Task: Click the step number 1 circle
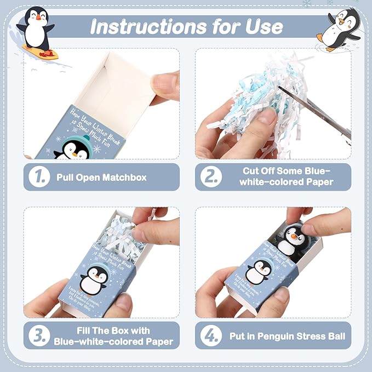pyautogui.click(x=40, y=177)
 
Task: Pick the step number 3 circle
pyautogui.click(x=40, y=336)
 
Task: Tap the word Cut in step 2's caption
pyautogui.click(x=251, y=171)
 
